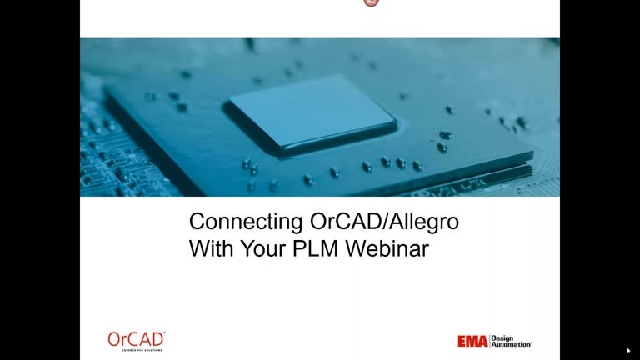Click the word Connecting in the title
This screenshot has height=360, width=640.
[236, 222]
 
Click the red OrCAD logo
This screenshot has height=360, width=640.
[137, 338]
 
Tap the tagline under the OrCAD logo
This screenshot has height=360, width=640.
[137, 349]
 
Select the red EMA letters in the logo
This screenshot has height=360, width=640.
[472, 342]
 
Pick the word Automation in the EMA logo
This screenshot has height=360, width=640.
[512, 344]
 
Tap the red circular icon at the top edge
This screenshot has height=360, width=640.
[372, 2]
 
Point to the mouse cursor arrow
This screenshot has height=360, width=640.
[628, 350]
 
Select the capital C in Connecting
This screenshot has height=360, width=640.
[197, 222]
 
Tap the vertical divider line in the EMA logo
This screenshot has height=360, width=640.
[490, 341]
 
